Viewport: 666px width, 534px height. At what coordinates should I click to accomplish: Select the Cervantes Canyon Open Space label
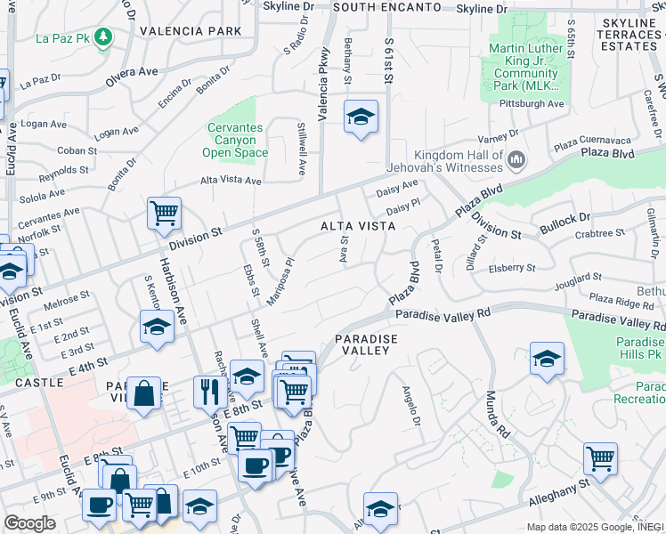[x=236, y=141]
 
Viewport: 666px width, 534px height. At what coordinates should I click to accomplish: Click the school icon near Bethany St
[x=361, y=117]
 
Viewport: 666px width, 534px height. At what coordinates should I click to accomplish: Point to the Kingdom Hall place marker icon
[x=516, y=159]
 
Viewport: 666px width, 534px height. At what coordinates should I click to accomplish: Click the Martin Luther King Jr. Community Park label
[x=524, y=67]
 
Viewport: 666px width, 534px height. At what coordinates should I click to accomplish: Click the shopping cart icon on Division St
[x=164, y=214]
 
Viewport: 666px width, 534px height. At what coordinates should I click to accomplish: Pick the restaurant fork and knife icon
[x=210, y=392]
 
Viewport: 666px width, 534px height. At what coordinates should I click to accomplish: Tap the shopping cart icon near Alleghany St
[x=600, y=459]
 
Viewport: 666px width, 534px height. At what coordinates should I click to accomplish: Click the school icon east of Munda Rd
[x=547, y=359]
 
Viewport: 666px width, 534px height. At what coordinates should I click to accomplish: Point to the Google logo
[x=29, y=523]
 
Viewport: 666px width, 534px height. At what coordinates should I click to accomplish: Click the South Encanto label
[x=386, y=7]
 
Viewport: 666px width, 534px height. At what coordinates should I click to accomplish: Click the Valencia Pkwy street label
[x=324, y=85]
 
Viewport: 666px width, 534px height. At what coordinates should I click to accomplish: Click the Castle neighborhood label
[x=38, y=382]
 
